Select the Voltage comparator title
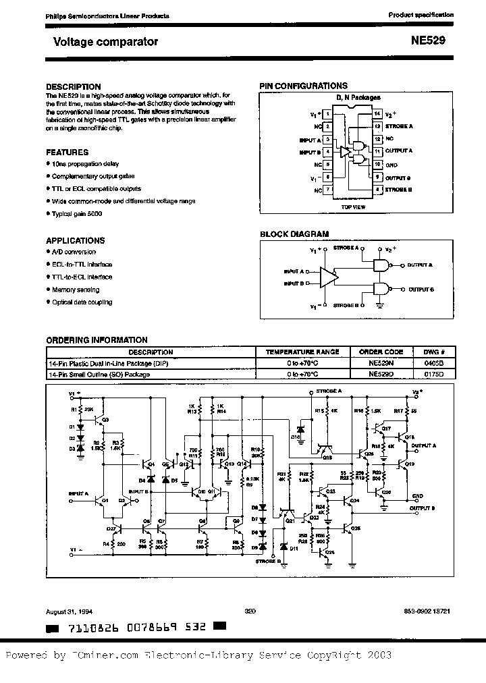105,42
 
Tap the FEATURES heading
67,153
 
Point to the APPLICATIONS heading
75,240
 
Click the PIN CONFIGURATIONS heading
304,86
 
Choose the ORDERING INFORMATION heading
97,340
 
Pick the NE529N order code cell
381,362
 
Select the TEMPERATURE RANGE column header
302,352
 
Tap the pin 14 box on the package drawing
378,113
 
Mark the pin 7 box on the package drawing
328,190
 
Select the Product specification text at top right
416,15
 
